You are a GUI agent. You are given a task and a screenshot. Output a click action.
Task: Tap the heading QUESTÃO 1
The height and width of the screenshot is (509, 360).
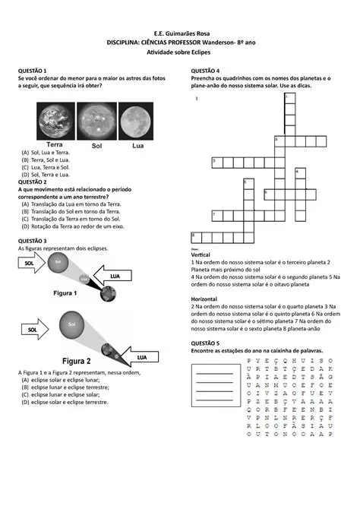point(33,70)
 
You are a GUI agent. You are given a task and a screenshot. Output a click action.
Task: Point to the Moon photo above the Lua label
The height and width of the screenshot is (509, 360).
point(137,122)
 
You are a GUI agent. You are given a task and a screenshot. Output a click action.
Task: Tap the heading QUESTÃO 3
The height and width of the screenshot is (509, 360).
point(33,241)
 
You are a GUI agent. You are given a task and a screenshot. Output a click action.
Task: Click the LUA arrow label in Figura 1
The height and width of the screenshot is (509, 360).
point(115,276)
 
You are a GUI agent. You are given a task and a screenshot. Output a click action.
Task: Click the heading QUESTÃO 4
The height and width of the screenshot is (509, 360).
point(206,70)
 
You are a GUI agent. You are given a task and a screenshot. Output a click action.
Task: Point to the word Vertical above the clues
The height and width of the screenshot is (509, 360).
point(202,254)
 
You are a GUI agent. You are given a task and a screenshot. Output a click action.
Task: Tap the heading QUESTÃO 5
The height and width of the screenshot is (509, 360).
point(206,343)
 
